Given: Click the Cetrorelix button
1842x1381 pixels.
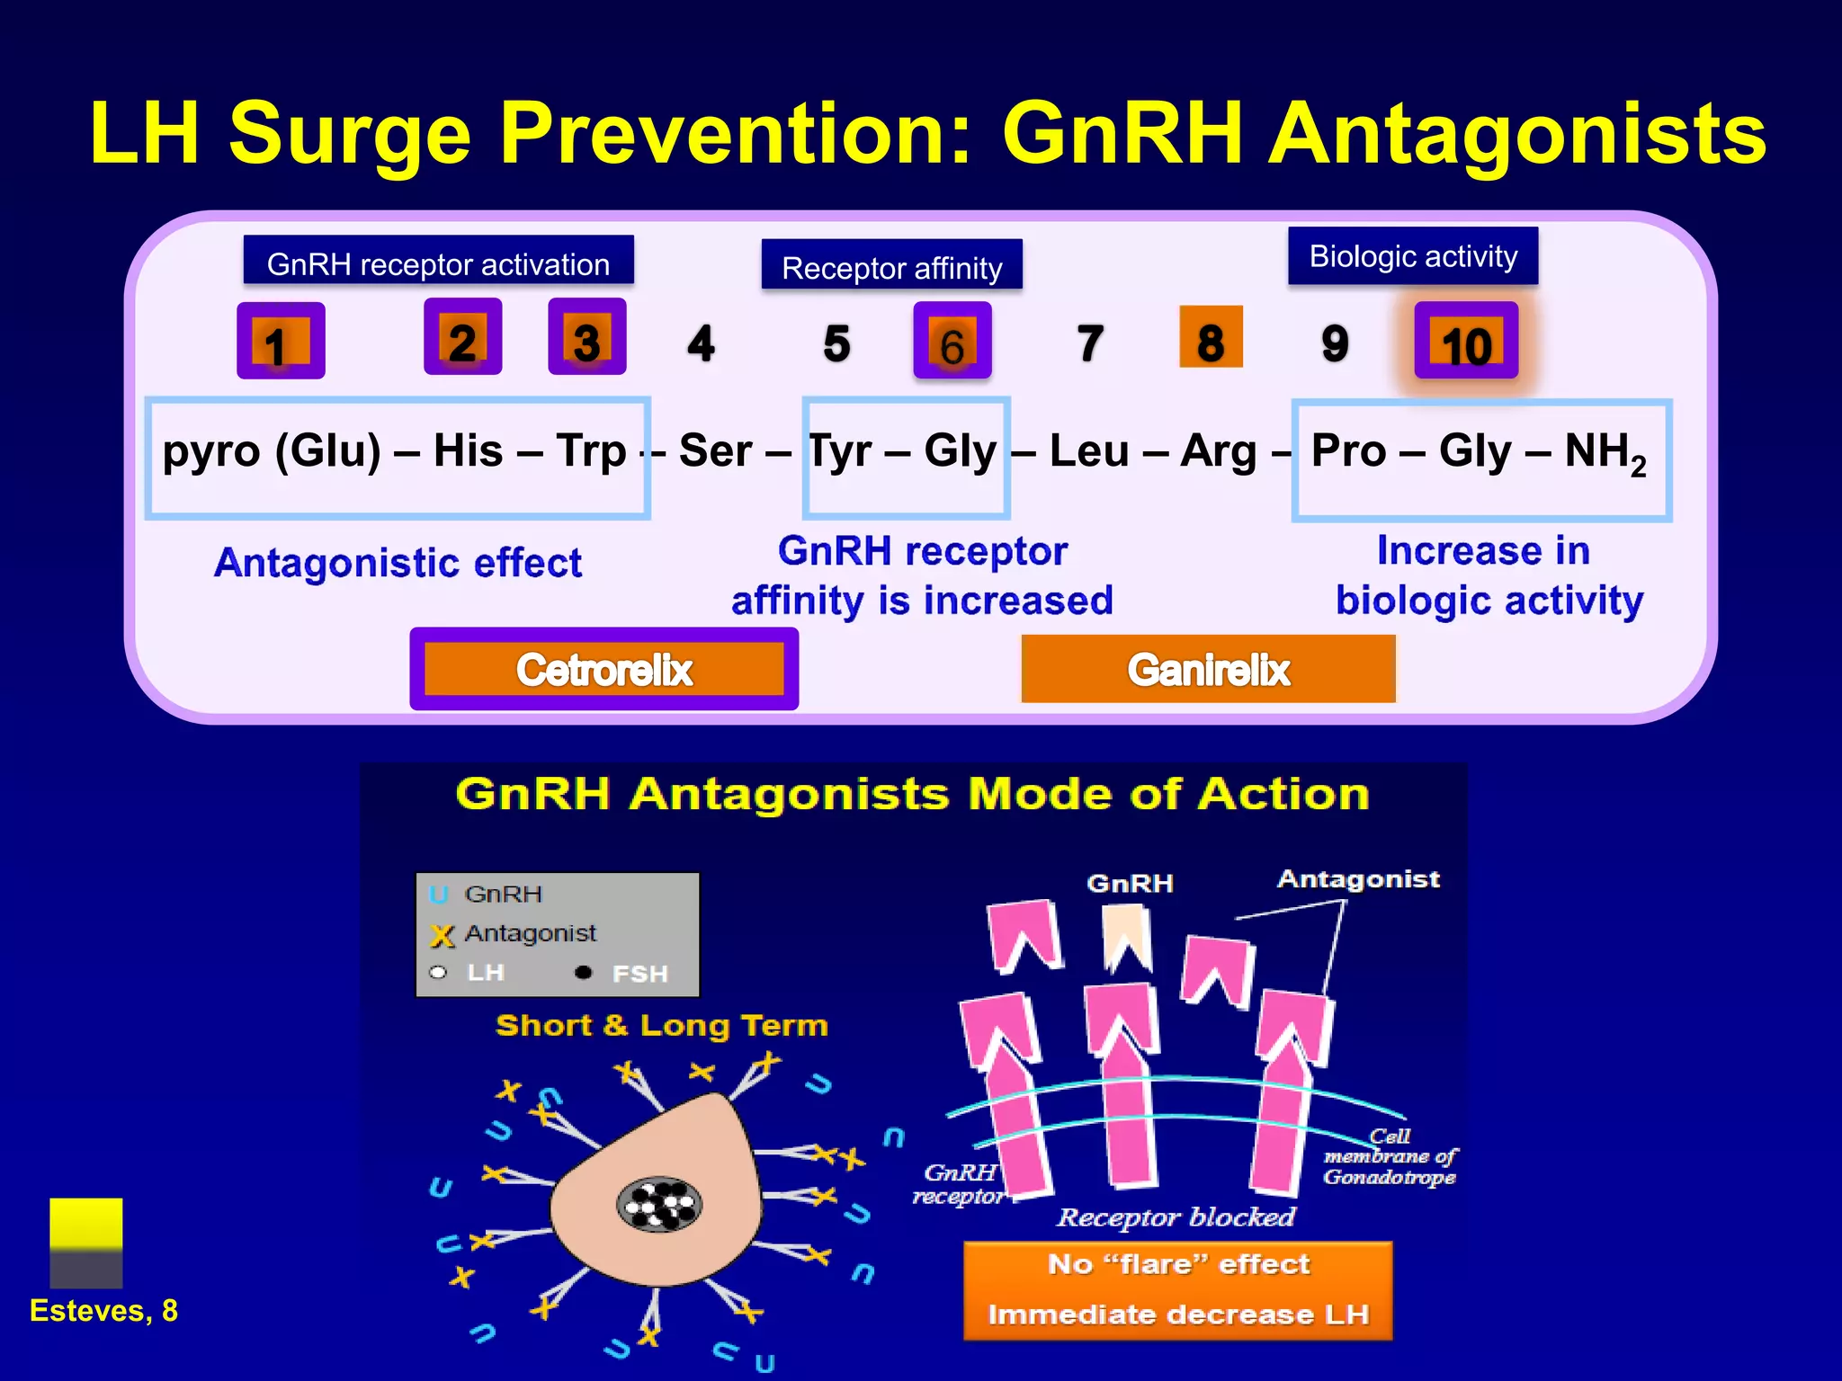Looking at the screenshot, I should pos(604,670).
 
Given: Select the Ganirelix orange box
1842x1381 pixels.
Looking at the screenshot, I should pos(1208,670).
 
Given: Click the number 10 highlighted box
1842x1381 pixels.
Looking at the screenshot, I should pos(1466,342).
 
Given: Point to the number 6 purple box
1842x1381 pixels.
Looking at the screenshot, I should pos(952,342).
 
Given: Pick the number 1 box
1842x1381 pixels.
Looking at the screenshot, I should pos(280,342).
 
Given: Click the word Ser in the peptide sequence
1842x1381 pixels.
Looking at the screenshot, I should pos(714,450).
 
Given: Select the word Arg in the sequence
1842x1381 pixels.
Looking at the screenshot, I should pos(1218,450).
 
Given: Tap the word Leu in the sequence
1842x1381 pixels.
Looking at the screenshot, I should pos(1088,450).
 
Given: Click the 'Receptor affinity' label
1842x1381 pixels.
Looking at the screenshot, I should pos(891,266).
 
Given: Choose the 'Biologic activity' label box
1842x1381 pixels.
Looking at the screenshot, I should pos(1413,256).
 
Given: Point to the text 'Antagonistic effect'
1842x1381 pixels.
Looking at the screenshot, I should pos(398,564).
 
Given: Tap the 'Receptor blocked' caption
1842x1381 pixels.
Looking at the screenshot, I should pos(1176,1217).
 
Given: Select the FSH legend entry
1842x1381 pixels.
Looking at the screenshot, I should pos(630,974).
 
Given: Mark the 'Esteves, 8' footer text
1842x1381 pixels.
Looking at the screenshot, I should pos(103,1311).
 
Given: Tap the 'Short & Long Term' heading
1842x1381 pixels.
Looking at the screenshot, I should pos(661,1026).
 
